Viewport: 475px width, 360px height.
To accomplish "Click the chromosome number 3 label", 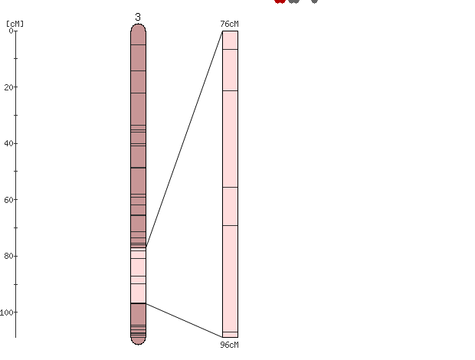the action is click(138, 17).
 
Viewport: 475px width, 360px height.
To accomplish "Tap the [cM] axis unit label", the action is click(15, 24).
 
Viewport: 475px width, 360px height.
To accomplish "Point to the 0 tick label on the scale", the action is click(11, 31).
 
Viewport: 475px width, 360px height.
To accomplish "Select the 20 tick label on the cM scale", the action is click(9, 87).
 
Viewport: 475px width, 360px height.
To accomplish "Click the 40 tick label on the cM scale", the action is click(9, 143).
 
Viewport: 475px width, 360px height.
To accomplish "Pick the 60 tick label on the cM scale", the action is click(9, 199).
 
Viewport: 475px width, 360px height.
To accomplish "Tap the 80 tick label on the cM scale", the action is click(9, 256).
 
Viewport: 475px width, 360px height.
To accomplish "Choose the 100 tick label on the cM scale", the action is click(7, 313).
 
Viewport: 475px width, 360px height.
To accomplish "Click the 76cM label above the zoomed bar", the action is click(229, 24).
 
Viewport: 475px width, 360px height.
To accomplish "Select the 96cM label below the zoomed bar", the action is click(229, 345).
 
